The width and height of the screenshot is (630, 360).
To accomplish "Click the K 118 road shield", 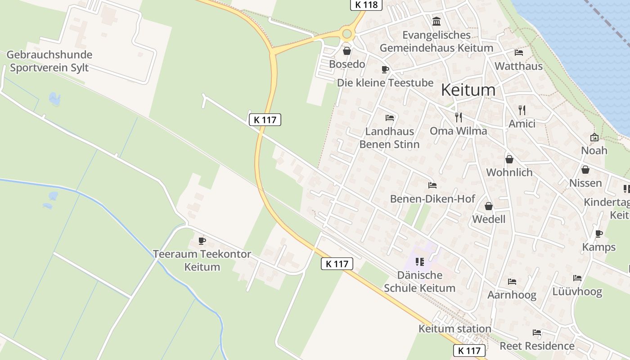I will (x=366, y=5).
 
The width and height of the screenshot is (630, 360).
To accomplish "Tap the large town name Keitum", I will (x=468, y=90).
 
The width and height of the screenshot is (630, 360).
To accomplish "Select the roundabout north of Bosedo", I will (x=346, y=34).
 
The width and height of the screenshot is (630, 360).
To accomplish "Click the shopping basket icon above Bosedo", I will (x=346, y=51).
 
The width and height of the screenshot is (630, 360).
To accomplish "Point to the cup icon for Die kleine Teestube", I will (x=385, y=69).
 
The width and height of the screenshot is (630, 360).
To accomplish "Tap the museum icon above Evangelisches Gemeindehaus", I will (x=436, y=21).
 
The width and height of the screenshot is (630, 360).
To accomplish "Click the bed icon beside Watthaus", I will (x=518, y=53).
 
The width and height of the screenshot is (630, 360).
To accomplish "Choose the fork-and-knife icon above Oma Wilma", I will (x=459, y=117).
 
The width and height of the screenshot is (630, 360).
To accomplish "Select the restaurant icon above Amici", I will (x=522, y=110).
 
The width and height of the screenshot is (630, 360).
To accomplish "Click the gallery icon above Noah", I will (x=594, y=137).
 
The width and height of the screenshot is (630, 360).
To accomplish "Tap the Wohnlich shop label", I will (x=509, y=172).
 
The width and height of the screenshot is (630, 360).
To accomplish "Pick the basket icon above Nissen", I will (x=585, y=170).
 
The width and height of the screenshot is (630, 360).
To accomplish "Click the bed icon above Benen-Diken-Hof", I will (x=432, y=185).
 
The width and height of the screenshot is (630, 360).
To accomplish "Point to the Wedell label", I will (x=489, y=219).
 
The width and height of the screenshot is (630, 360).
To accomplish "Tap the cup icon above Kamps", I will (x=598, y=234).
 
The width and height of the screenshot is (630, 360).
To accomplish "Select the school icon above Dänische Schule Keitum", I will (x=420, y=261).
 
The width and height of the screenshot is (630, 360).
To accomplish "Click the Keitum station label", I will (x=454, y=328).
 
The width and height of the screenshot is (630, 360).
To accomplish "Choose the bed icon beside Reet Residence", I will (x=536, y=333).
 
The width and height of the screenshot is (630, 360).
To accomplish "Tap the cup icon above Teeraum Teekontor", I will (x=202, y=241).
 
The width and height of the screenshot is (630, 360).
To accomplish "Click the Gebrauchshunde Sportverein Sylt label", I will (x=49, y=61).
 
